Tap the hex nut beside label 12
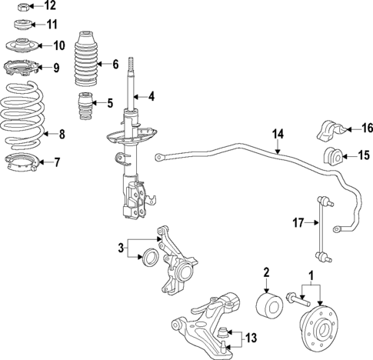[23, 7]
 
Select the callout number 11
[52, 25]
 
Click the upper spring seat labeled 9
[22, 68]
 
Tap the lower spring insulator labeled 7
[22, 162]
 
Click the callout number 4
[152, 97]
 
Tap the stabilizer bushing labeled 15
[334, 155]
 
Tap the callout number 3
[120, 247]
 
